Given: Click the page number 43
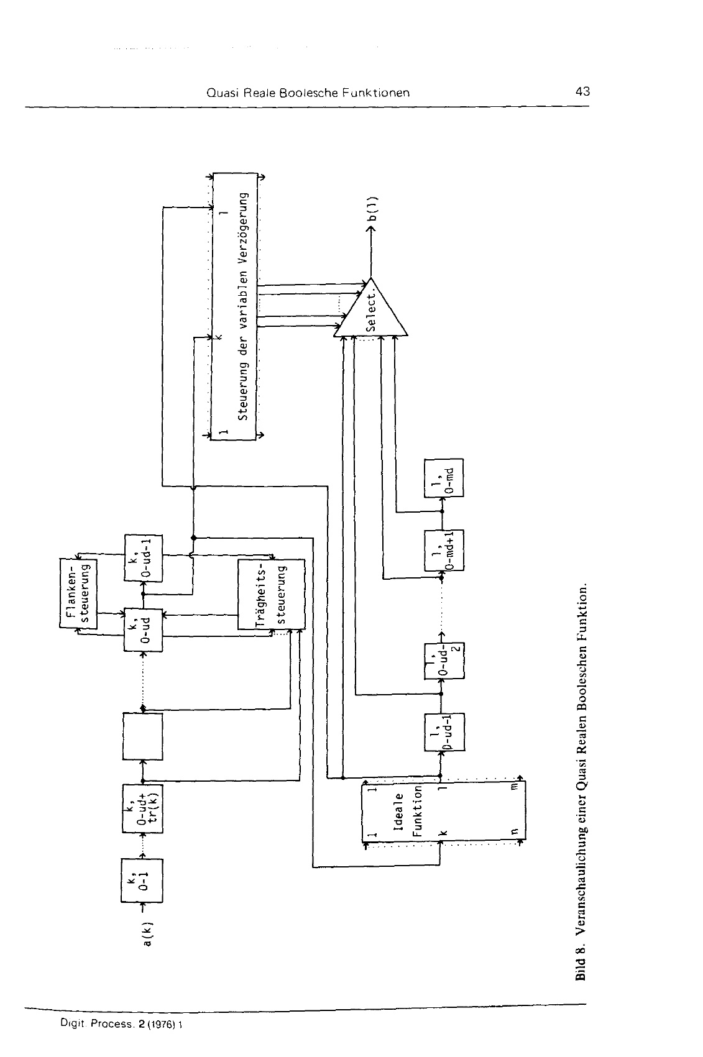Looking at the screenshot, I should click(582, 92).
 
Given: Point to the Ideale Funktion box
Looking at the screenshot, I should click(400, 813).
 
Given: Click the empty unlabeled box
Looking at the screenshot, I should click(143, 736).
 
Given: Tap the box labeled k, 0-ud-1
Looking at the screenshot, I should click(143, 557).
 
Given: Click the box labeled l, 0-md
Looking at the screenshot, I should click(443, 478).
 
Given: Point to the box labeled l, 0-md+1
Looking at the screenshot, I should click(443, 549).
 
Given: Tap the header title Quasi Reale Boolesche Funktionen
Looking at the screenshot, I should click(308, 93).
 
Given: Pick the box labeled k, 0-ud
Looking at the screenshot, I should click(143, 629).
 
